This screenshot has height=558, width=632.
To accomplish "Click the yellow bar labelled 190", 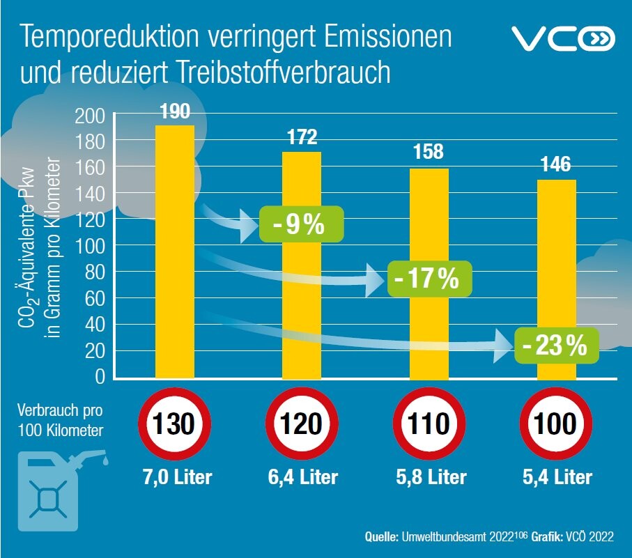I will click(174, 251).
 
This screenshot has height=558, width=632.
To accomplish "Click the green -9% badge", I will click(302, 224).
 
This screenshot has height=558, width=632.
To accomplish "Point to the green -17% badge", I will click(429, 279).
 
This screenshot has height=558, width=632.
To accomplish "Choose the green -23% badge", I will click(557, 345).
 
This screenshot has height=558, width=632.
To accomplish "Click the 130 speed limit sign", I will click(175, 424).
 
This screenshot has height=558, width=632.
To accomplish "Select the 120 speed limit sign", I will click(302, 424).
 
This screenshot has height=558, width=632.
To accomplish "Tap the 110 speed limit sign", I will click(429, 424).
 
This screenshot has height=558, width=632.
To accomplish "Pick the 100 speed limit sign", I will click(556, 424).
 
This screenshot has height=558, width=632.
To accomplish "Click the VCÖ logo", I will click(564, 39).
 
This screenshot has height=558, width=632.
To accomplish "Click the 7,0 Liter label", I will click(175, 477).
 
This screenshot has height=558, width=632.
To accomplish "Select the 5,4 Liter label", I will click(556, 477).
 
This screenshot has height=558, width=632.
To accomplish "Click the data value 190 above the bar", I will click(174, 111).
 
